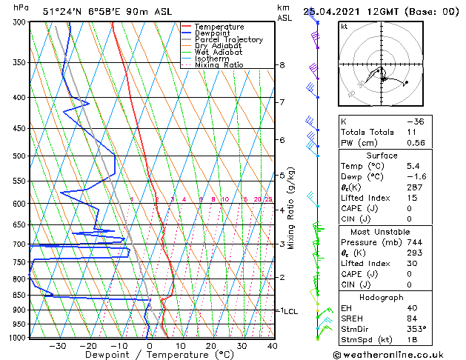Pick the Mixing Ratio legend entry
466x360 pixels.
point(219,65)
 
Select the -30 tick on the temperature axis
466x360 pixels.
point(57,345)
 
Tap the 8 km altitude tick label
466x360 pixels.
point(282,65)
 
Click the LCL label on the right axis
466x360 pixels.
point(290,311)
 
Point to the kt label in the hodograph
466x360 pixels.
point(344,26)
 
